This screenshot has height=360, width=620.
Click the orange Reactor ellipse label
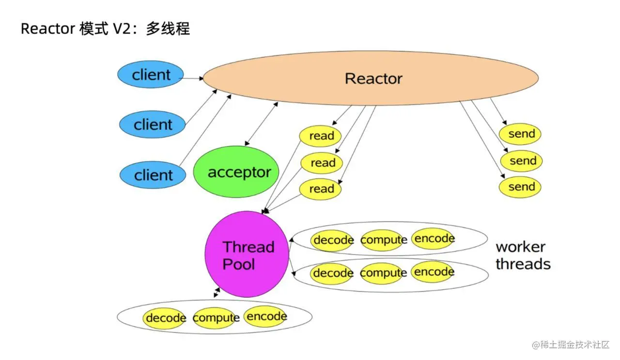(373, 78)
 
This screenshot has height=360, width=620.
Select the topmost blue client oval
(151, 75)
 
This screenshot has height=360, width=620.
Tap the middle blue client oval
(153, 125)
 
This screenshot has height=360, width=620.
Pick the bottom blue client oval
(153, 175)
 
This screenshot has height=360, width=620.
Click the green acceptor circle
(239, 172)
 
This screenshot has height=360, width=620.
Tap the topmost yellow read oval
(320, 136)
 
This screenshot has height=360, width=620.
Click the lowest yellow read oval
(320, 189)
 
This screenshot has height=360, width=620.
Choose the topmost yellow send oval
(521, 134)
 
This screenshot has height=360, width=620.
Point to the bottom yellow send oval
(521, 187)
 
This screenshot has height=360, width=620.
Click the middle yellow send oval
(521, 160)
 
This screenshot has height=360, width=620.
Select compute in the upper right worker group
(383, 240)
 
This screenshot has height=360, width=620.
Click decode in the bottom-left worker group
(165, 318)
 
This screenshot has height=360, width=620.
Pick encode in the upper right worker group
(434, 238)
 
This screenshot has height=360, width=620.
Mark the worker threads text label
(523, 255)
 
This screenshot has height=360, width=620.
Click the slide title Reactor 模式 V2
(105, 29)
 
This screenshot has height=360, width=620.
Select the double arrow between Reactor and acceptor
(261, 124)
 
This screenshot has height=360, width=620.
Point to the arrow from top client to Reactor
(193, 78)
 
